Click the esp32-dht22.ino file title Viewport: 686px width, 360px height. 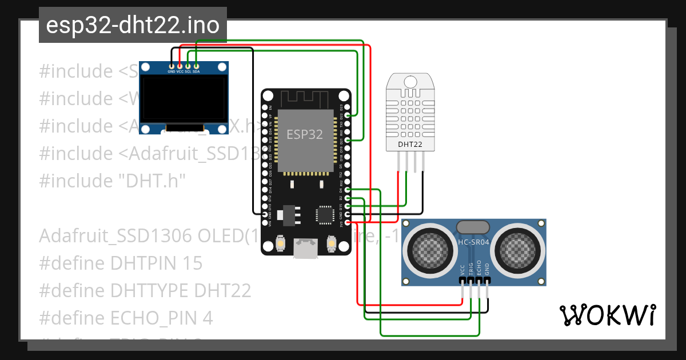133,25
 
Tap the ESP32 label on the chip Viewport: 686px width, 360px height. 305,135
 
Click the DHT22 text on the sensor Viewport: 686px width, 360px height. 410,145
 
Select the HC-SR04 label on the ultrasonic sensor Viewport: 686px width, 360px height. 473,242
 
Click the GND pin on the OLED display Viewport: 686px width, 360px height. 171,66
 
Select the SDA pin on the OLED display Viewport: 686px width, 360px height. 196,66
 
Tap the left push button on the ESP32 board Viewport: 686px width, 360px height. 281,244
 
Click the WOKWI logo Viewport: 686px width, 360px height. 607,314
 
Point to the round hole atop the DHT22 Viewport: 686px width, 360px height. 410,81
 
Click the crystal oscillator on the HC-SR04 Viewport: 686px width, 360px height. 473,226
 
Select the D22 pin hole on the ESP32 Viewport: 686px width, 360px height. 346,114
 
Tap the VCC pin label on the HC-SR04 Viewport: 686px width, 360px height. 462,269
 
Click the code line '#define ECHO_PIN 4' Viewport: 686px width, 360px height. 126,318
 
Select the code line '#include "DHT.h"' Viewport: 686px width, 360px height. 113,181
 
